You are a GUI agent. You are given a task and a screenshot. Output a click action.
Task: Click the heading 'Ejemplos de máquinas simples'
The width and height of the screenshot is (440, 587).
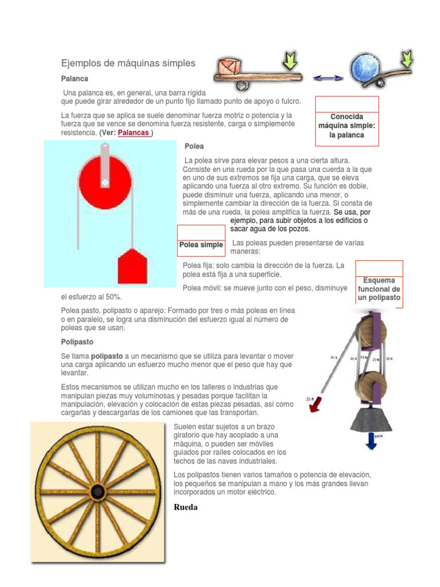point(128,63)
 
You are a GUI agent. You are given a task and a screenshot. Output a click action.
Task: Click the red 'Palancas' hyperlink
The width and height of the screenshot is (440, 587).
point(134,133)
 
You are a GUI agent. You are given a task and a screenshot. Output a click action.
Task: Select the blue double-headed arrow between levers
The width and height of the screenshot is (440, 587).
point(328,78)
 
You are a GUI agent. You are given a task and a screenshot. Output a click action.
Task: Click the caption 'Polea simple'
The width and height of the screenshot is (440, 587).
point(201,245)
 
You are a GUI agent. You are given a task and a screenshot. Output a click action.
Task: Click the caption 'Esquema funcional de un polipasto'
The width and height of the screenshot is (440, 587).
point(379,289)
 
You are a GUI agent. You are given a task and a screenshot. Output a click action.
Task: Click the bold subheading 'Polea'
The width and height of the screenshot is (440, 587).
point(194,146)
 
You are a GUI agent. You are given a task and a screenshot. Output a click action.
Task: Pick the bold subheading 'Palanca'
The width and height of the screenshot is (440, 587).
point(75,78)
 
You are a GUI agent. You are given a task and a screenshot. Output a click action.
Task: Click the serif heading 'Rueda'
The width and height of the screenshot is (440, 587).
point(185,507)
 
